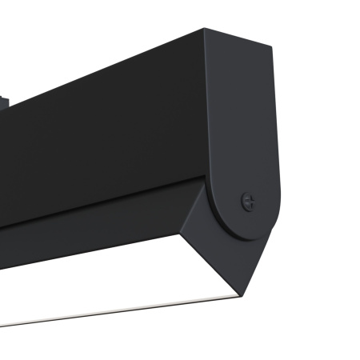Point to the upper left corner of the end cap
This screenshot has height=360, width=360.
click(203, 31)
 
